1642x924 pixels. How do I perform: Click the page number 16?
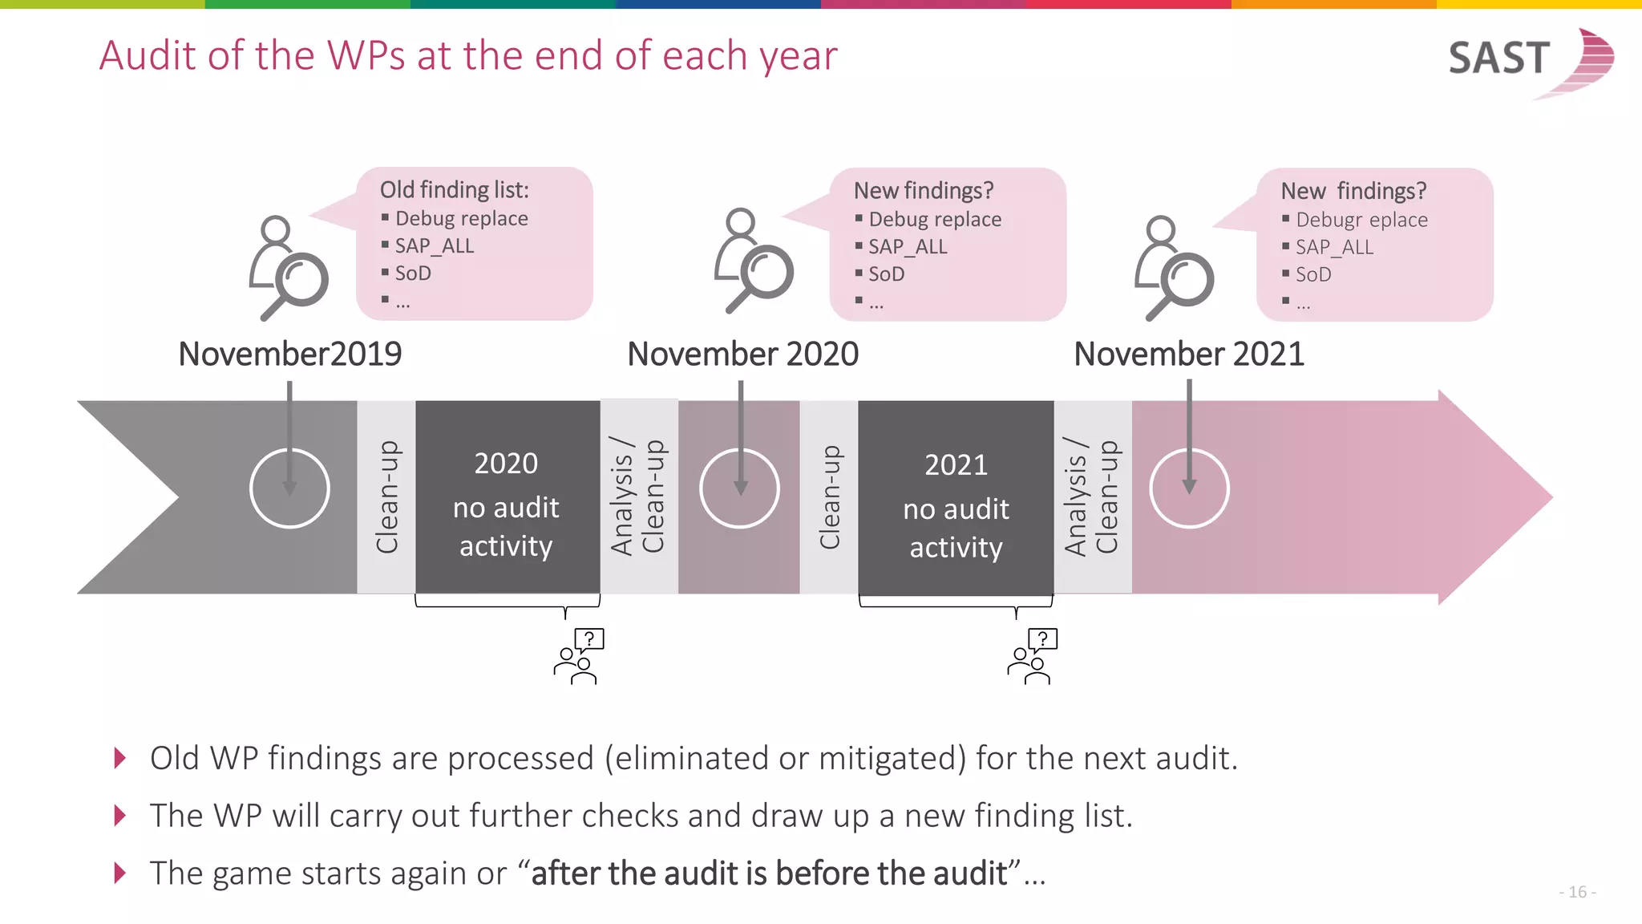click(x=1577, y=892)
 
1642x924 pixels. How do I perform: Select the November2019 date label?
click(x=289, y=354)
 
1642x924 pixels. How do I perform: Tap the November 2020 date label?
click(x=742, y=354)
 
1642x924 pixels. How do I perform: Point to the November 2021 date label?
click(x=1189, y=354)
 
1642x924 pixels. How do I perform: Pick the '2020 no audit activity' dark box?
click(x=507, y=497)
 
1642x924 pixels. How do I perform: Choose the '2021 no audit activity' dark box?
click(x=956, y=497)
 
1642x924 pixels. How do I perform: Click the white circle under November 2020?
click(x=739, y=488)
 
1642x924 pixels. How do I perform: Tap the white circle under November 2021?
click(x=1189, y=488)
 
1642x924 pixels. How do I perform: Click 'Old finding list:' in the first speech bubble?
click(x=454, y=190)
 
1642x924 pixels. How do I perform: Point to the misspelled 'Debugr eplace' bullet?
click(x=1361, y=220)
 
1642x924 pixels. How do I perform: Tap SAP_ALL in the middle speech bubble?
click(x=908, y=247)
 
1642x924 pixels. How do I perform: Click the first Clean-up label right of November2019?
click(x=386, y=497)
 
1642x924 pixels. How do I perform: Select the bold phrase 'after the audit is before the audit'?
click(x=769, y=873)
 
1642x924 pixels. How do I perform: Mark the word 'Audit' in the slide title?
click(x=148, y=56)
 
